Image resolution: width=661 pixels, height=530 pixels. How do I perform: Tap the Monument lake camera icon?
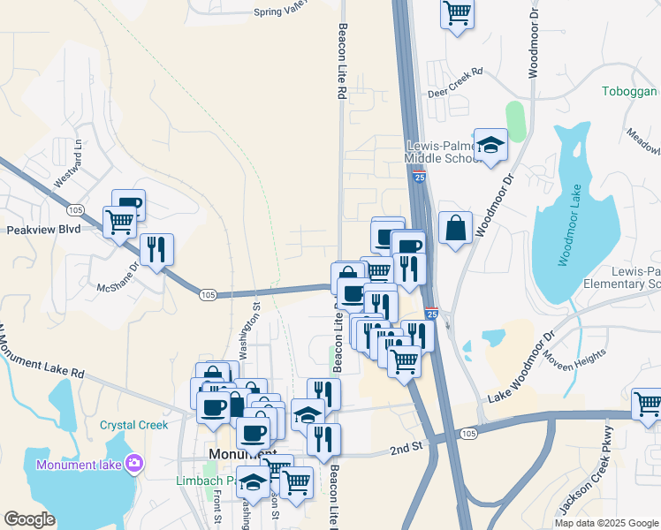click(133, 462)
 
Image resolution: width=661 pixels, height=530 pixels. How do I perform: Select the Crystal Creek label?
click(133, 425)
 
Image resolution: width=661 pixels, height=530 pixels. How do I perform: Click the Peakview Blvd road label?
click(44, 229)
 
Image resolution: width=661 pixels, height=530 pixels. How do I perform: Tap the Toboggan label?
click(628, 92)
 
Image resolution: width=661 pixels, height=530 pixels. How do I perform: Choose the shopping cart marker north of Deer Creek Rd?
click(457, 12)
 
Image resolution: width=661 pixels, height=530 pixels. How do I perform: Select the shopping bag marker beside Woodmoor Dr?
click(454, 229)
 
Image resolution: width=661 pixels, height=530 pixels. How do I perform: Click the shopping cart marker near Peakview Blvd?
click(119, 221)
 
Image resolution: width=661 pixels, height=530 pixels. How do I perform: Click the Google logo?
click(29, 519)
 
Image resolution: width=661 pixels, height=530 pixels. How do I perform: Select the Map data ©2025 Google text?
click(605, 522)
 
